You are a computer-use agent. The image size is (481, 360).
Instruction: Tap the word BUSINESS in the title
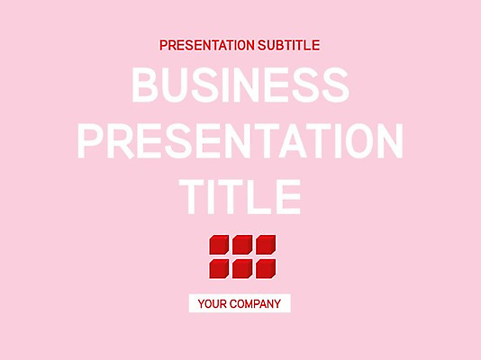240,86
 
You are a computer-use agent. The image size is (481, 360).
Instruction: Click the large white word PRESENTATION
240,140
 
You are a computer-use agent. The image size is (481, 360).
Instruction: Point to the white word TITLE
240,194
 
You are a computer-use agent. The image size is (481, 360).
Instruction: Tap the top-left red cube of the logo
219,245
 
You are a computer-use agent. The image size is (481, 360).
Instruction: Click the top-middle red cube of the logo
242,245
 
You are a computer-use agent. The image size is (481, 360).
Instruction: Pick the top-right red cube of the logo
266,245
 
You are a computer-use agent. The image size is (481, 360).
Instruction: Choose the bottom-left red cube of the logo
219,268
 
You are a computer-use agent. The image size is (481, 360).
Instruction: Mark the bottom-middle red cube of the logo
242,268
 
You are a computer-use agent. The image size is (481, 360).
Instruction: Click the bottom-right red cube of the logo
266,268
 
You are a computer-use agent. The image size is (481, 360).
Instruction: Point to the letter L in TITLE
258,194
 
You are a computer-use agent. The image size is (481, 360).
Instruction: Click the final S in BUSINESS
331,86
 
